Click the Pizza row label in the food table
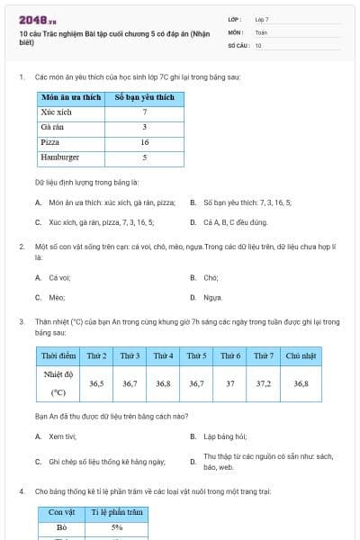(x=50, y=142)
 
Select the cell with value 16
(x=144, y=142)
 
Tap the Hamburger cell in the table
(x=60, y=157)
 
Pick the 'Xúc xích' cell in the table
(x=55, y=112)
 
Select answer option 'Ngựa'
(x=212, y=297)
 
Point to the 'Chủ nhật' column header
(x=301, y=355)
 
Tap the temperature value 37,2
(x=265, y=382)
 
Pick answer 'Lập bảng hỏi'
(x=225, y=436)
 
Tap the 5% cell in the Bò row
(x=117, y=527)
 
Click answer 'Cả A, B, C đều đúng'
(x=235, y=221)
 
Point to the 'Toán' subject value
(x=261, y=31)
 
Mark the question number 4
(x=22, y=491)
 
